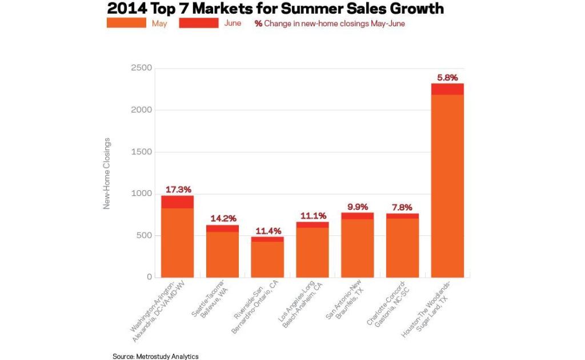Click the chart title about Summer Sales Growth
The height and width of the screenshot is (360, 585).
point(275,9)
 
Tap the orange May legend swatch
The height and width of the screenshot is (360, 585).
point(126,23)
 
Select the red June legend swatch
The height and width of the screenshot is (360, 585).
point(198,23)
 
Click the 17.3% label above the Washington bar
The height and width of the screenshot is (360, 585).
point(178,189)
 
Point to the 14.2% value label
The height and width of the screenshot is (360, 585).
point(223,218)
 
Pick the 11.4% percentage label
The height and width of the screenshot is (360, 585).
point(268,230)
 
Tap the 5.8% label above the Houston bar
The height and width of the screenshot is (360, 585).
point(447,77)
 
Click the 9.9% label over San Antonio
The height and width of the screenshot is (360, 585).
point(358,207)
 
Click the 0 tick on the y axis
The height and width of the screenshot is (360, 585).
point(150,277)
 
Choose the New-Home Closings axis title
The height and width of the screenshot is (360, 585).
point(107,173)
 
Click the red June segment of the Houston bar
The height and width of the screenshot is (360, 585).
point(447,89)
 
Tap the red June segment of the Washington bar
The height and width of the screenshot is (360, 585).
point(178,202)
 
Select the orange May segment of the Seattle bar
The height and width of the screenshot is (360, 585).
point(223,254)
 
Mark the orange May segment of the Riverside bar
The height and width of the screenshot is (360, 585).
point(268,259)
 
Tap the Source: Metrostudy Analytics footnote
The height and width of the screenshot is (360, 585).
point(155,356)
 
